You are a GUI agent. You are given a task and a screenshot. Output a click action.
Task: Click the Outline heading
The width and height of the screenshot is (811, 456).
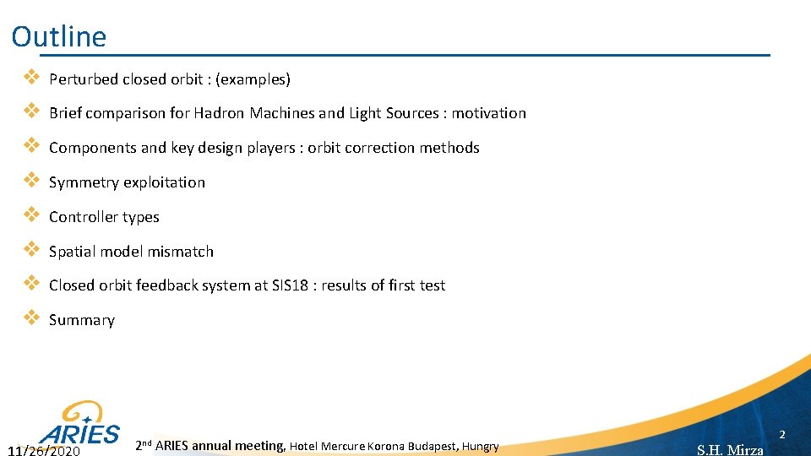(x=59, y=36)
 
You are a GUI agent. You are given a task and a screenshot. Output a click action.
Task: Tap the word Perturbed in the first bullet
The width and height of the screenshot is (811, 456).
(x=84, y=79)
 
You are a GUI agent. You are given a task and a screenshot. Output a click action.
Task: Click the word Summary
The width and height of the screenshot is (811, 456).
(x=82, y=320)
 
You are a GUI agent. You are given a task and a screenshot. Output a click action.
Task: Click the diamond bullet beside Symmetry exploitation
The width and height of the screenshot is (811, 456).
(x=30, y=181)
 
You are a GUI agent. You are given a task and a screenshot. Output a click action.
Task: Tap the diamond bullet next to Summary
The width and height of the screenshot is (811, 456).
(x=30, y=318)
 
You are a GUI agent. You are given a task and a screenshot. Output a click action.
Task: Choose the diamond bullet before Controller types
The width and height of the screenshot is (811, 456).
(x=30, y=215)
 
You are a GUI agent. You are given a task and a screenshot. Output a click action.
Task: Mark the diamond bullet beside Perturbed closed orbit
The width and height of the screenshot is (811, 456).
(x=30, y=78)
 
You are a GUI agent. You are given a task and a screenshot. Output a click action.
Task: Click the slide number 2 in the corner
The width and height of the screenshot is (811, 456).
(x=782, y=435)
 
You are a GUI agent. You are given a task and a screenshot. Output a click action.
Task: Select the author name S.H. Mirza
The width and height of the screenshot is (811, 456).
(x=730, y=450)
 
